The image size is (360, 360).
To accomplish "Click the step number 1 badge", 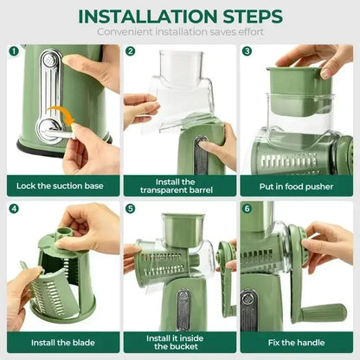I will pyautogui.click(x=14, y=51).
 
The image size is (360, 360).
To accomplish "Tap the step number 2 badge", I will pyautogui.click(x=131, y=51).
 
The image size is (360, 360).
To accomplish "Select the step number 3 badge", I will pyautogui.click(x=247, y=51).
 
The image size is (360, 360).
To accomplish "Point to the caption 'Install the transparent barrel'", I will pyautogui.click(x=179, y=185).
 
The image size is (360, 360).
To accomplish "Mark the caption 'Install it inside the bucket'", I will pyautogui.click(x=179, y=343).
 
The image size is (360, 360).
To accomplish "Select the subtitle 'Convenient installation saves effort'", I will pyautogui.click(x=180, y=32).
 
